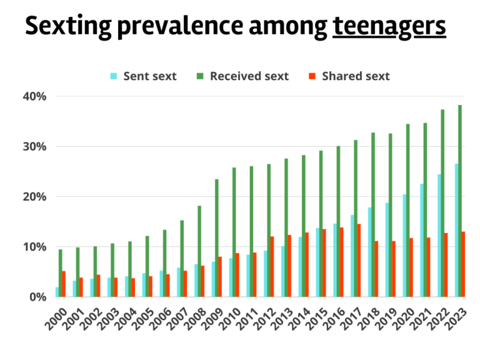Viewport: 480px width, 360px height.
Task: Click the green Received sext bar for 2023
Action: (460, 201)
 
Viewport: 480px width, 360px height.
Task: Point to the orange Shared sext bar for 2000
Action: (63, 283)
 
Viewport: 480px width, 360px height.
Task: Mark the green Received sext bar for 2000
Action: (60, 272)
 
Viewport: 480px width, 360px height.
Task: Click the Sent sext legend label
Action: (150, 76)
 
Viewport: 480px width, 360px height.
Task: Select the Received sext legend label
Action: (249, 76)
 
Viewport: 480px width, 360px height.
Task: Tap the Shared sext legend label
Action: (355, 76)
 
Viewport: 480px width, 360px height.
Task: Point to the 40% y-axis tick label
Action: (34, 96)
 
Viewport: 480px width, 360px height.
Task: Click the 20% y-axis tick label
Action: (34, 196)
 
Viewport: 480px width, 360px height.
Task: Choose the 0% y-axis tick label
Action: (37, 296)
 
